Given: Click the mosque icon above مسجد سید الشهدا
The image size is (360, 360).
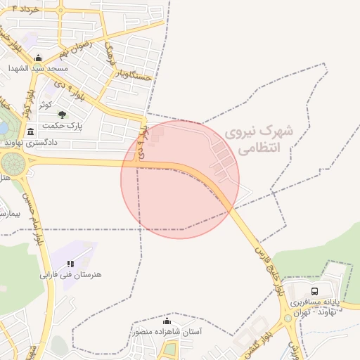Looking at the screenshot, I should [x=37, y=58].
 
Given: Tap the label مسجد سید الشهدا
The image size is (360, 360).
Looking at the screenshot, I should [x=38, y=69].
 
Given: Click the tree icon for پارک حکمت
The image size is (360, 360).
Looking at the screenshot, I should [x=62, y=115].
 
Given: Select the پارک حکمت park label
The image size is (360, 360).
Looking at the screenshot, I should [x=62, y=126].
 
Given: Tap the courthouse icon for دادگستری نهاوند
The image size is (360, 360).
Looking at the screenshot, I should [x=30, y=131].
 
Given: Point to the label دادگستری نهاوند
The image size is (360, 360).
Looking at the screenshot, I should [x=30, y=142].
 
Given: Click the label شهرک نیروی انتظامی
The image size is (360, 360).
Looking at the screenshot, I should [x=254, y=139].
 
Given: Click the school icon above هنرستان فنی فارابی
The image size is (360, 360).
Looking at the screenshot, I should [x=70, y=264].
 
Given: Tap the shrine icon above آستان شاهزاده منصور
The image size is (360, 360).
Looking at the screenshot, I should [x=167, y=321].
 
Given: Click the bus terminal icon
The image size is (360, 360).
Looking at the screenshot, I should [x=314, y=291].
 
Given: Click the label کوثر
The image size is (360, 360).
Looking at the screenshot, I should [x=44, y=103].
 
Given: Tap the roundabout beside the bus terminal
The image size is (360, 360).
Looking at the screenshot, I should [x=288, y=318].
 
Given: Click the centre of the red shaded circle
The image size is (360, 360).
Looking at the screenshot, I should [x=180, y=179].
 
